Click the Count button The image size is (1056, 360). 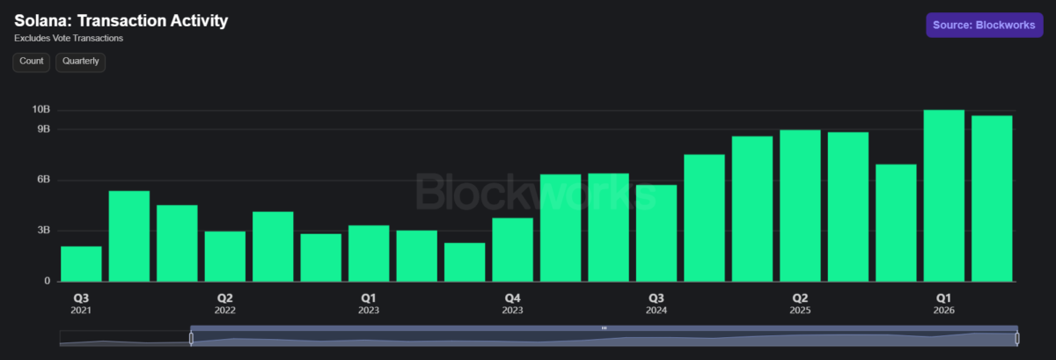pyautogui.click(x=31, y=62)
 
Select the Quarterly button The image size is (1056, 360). pyautogui.click(x=81, y=62)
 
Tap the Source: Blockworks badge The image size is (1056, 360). pyautogui.click(x=985, y=25)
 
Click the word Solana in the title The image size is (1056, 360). pyautogui.click(x=43, y=21)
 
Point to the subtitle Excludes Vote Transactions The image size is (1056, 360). pyautogui.click(x=69, y=38)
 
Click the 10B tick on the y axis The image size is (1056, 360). pyautogui.click(x=41, y=109)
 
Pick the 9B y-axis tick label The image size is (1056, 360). pyautogui.click(x=43, y=129)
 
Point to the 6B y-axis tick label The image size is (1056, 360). pyautogui.click(x=43, y=180)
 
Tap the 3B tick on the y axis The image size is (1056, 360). pyautogui.click(x=43, y=231)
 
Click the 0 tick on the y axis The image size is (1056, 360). pyautogui.click(x=48, y=281)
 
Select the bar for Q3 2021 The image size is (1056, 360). pyautogui.click(x=81, y=264)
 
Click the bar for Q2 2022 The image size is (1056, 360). pyautogui.click(x=225, y=257)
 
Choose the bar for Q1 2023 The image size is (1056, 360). pyautogui.click(x=369, y=253)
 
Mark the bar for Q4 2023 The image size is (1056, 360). pyautogui.click(x=512, y=250)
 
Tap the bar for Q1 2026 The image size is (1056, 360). pyautogui.click(x=943, y=195)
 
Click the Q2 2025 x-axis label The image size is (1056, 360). pyautogui.click(x=800, y=304)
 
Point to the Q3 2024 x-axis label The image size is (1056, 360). pyautogui.click(x=656, y=304)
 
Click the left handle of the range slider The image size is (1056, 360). pyautogui.click(x=191, y=338)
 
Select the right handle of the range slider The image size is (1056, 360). pyautogui.click(x=1017, y=338)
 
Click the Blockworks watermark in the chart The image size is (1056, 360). pyautogui.click(x=536, y=192)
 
